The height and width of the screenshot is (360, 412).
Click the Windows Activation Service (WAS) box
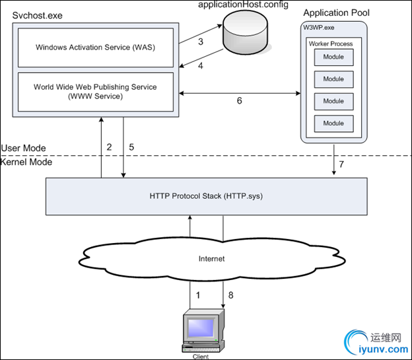pos(96,48)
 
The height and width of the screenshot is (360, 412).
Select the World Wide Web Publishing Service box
pos(96,91)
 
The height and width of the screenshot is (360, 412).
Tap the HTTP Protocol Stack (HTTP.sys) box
pos(206,196)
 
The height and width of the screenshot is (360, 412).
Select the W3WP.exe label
pos(320,27)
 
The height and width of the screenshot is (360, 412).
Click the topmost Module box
pos(333,57)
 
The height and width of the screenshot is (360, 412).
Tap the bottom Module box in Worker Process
pos(333,123)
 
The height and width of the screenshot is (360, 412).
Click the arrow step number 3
pos(201,42)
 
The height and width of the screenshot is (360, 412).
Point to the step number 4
pos(201,66)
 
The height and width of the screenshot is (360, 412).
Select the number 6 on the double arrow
pos(239,101)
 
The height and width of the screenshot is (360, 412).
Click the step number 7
pos(341,163)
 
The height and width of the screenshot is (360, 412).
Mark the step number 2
pos(109,147)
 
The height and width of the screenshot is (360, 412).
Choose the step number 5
pos(131,147)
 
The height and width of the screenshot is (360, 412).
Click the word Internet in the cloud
pos(211,258)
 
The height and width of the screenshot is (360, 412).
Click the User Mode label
pos(24,148)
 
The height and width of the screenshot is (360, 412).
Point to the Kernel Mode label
pos(26,162)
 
